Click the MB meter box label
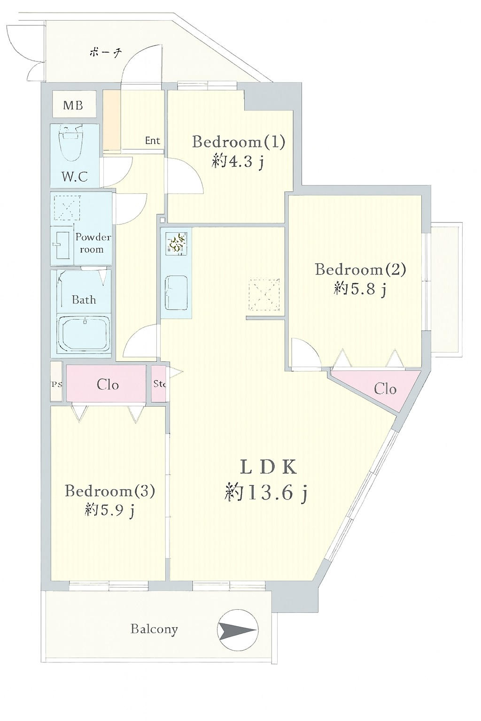coord(73,105)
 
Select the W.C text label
coord(74,176)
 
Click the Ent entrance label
coord(152,141)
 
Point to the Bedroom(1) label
coord(239,142)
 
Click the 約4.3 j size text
coord(238,161)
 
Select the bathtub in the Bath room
coord(85,334)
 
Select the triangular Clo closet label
coord(385,390)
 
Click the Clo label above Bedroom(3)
coord(108,385)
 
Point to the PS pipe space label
coord(57,384)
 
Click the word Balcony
coord(154,629)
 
